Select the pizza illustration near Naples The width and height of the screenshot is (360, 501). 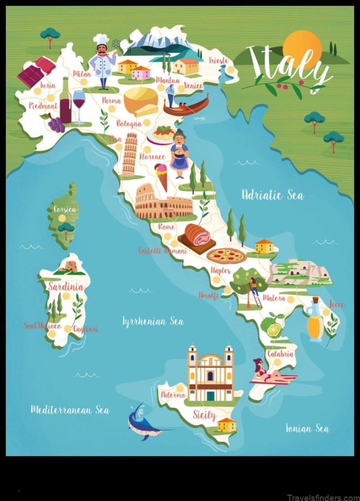[x=226, y=256]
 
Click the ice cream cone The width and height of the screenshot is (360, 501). [x=161, y=176]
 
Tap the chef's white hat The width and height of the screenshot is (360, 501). [x=100, y=40]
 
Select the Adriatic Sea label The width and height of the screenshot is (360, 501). [x=272, y=195]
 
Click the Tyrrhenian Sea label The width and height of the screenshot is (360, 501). [x=153, y=321]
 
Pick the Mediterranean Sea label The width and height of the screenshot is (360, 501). [x=69, y=409]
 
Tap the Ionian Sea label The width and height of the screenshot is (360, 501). [x=307, y=428]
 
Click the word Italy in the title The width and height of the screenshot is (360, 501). [x=288, y=65]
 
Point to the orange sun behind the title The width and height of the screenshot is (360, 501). [x=302, y=47]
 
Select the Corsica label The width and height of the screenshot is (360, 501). [x=64, y=209]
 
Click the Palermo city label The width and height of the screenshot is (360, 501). [x=173, y=395]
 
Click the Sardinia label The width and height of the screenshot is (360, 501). [x=66, y=286]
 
